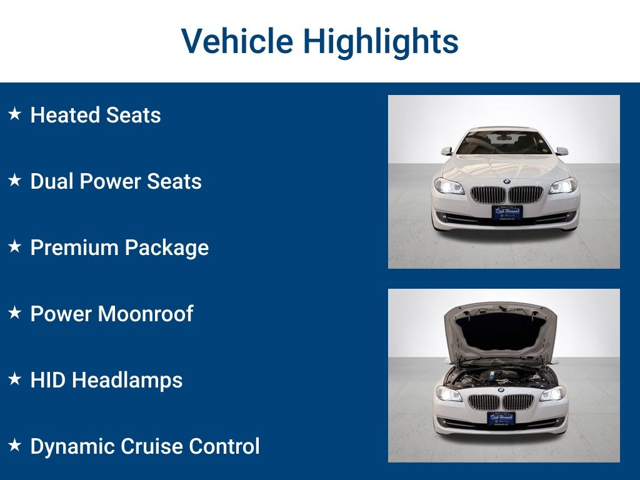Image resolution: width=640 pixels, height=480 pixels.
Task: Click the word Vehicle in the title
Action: coord(237,41)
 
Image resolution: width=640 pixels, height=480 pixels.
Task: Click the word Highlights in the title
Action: coord(381,42)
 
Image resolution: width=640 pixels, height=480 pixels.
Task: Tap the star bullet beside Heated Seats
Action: coord(15,114)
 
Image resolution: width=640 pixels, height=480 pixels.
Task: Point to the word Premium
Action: coord(74,247)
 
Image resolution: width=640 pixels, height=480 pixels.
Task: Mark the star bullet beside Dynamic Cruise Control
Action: coord(15,446)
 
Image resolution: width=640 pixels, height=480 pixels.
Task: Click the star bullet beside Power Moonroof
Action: coord(15,313)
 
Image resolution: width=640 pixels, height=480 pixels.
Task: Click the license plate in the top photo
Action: coord(507,212)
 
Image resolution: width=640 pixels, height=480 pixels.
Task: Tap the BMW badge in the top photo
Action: coord(506,182)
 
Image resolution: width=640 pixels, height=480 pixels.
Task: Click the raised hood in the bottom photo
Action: coord(500,331)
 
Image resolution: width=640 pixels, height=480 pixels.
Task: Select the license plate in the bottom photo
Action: coord(501,418)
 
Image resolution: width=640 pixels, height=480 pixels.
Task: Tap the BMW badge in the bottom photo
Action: coord(501,390)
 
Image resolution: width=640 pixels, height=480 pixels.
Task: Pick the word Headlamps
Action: coord(127,380)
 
